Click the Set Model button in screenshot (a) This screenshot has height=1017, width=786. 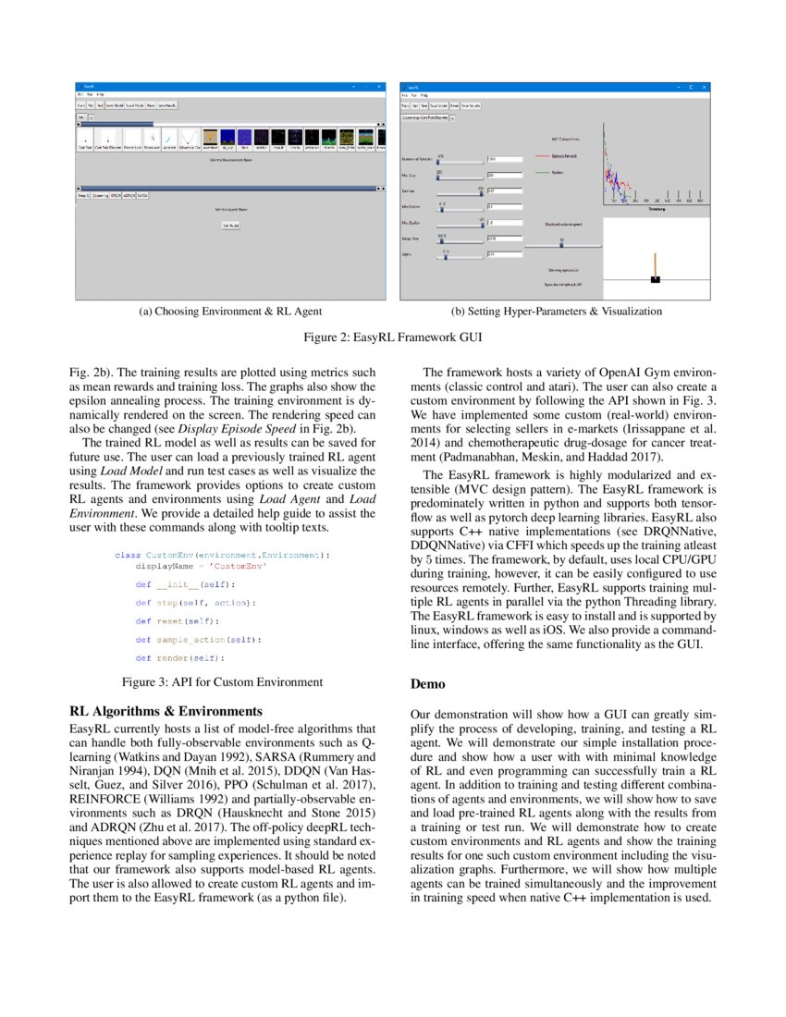230,226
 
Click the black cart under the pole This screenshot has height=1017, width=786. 656,278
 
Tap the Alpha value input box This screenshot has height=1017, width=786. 504,254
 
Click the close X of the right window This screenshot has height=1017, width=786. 705,87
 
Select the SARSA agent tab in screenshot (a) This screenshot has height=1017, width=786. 141,196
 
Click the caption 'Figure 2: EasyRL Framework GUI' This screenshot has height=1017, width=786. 393,337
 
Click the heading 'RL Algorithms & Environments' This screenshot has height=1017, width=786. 166,711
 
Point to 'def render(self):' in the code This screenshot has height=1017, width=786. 179,658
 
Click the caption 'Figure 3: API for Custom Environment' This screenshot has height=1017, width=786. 223,682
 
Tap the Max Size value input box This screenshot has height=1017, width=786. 504,175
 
